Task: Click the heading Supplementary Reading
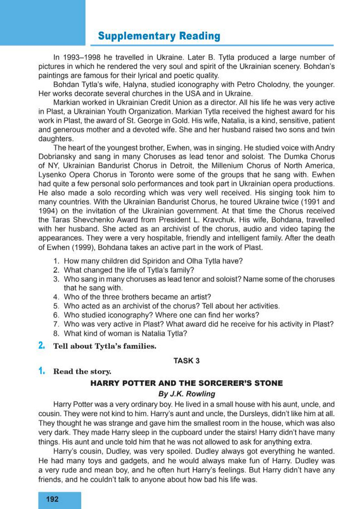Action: point(159,36)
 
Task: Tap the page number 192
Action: point(52,499)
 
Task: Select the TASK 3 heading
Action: point(186,361)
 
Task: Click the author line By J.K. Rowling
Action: point(186,394)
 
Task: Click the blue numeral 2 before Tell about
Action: point(41,346)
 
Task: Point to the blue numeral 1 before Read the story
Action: point(41,371)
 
